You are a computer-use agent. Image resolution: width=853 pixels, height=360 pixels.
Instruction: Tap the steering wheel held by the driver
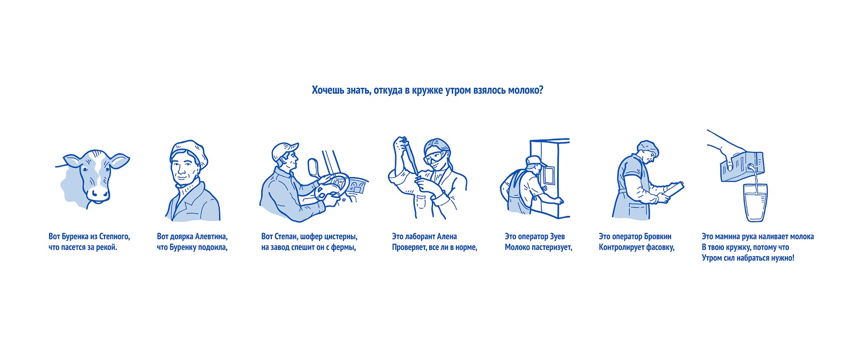(x=332, y=186)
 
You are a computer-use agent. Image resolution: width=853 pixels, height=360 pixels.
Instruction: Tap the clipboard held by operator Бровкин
(x=674, y=190)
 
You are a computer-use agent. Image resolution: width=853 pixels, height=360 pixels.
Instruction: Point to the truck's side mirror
(x=313, y=167)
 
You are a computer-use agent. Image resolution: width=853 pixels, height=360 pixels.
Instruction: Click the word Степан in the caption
(x=285, y=237)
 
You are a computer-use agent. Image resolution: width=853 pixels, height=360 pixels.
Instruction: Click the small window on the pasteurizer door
(x=549, y=175)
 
